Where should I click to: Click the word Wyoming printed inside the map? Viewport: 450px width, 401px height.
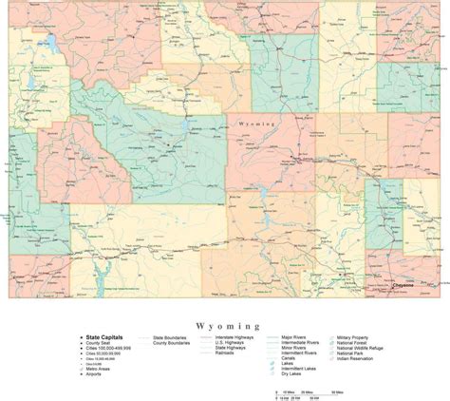pos(256,124)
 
